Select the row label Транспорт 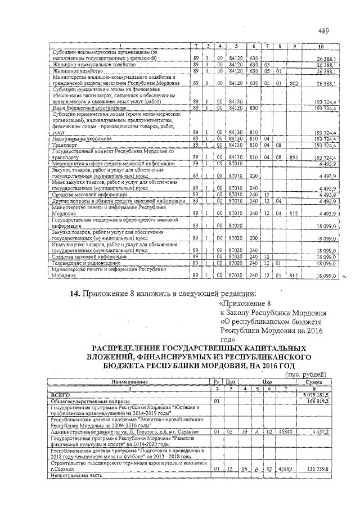[64, 145]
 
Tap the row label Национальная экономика [75, 138]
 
